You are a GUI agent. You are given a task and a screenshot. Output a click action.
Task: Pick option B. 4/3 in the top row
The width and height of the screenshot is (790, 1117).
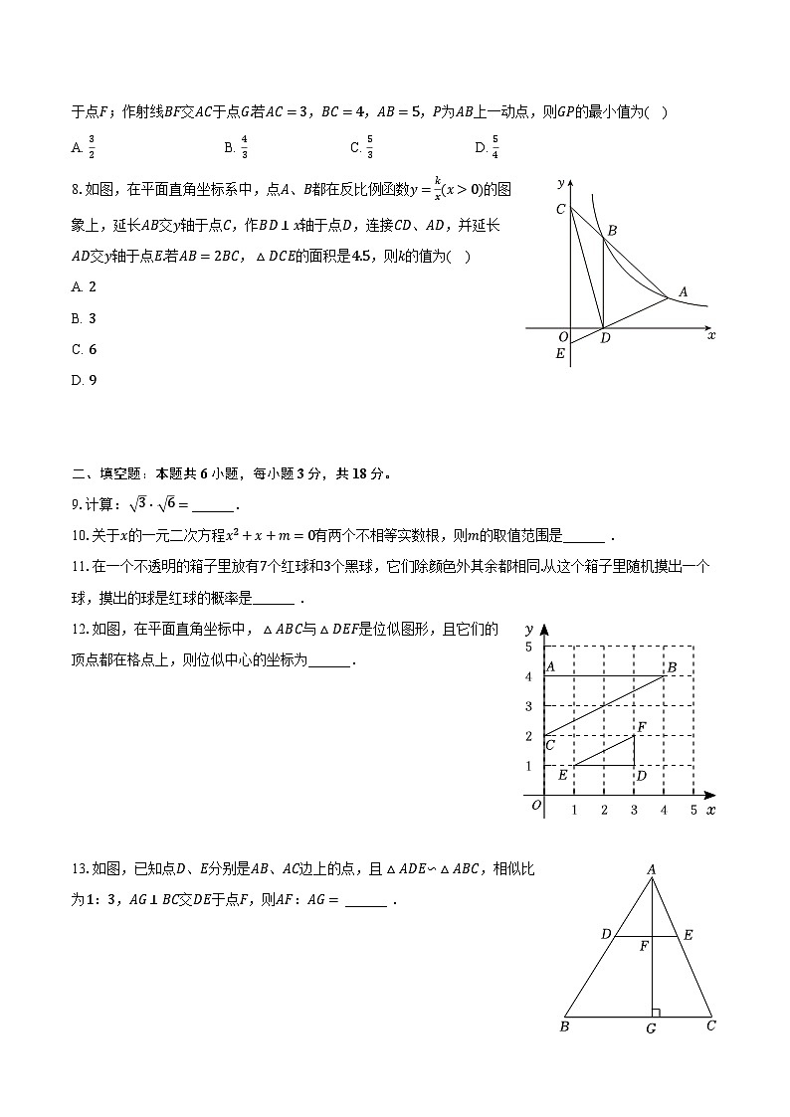(237, 147)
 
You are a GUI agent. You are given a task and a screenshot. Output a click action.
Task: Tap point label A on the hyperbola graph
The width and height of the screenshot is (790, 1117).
(683, 292)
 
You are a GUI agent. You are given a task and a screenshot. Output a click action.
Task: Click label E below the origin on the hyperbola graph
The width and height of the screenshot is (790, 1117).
(561, 354)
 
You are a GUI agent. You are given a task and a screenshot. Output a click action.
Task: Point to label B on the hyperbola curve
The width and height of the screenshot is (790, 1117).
(612, 231)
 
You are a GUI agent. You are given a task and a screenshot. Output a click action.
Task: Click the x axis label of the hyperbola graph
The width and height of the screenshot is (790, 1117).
(711, 336)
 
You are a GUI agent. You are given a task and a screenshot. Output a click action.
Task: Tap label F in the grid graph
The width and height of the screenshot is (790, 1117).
(642, 728)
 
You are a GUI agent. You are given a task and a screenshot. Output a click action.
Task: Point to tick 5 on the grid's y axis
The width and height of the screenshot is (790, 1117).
(528, 648)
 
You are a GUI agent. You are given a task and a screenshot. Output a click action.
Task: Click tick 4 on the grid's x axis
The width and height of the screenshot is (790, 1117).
(664, 811)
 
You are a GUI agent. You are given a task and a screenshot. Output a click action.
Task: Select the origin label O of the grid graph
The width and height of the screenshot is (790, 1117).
(536, 806)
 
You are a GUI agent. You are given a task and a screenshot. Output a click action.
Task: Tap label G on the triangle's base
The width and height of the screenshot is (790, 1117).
(651, 1028)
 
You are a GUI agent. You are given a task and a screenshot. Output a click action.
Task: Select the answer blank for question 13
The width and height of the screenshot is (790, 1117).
(367, 902)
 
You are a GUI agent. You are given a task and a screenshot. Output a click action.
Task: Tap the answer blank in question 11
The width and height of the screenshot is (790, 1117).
(275, 599)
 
